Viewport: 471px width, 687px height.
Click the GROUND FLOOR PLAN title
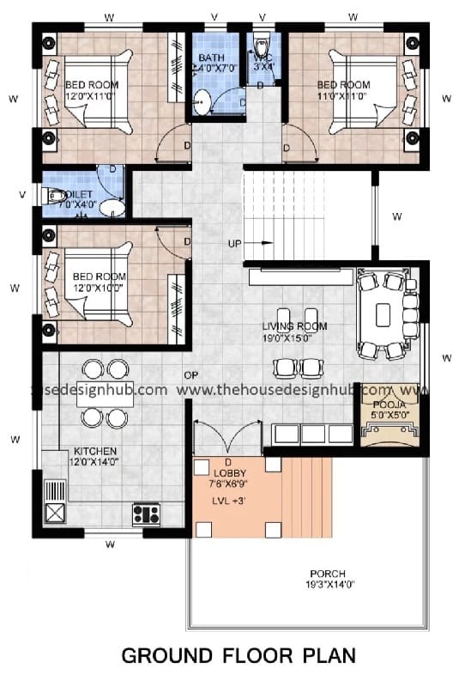tap(238, 656)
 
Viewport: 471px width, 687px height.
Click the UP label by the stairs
tap(234, 243)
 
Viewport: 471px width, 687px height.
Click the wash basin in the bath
tap(202, 102)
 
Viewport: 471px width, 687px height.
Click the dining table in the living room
tap(383, 311)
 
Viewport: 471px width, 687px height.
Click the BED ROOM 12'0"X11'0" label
tap(89, 90)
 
